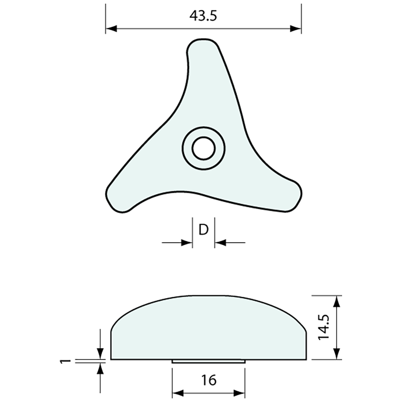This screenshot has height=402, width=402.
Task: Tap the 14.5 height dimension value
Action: pos(324,327)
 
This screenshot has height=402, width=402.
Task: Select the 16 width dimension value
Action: pos(209,380)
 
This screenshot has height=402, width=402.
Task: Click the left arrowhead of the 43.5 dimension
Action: pos(111,29)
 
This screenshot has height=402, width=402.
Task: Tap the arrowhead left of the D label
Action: pos(187,242)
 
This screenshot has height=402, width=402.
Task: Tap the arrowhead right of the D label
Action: pos(220,242)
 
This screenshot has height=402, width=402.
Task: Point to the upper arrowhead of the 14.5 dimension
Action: pos(337,301)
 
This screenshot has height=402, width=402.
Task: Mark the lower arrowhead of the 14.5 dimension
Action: pos(337,354)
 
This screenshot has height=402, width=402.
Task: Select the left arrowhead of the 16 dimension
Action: pos(178,393)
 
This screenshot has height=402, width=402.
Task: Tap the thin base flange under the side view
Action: pos(208,361)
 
